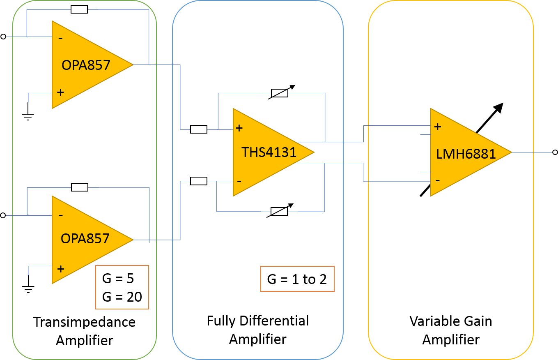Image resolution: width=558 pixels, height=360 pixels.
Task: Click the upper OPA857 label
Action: [86, 65]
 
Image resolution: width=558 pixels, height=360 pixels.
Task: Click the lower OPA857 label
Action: [85, 238]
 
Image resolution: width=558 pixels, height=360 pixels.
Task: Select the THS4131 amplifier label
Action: [269, 152]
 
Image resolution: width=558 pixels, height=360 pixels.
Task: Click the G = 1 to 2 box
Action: [297, 279]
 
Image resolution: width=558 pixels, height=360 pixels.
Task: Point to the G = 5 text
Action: [118, 278]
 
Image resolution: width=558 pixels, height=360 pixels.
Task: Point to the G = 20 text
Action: [122, 296]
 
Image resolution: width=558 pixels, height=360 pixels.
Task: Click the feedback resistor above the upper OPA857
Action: [79, 9]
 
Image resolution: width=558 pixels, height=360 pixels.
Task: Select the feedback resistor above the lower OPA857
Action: [80, 187]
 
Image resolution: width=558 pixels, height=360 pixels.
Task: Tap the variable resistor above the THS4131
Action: [280, 93]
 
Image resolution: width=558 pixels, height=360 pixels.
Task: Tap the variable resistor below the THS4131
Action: [279, 211]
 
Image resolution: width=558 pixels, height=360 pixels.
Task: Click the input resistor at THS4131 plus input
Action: [199, 129]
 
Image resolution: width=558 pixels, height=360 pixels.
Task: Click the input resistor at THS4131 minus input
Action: [199, 181]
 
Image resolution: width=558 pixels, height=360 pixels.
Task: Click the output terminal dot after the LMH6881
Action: [555, 152]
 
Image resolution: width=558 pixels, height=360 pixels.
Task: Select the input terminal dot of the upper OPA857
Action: [3, 37]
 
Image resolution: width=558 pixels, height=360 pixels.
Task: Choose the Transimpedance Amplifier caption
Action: [84, 331]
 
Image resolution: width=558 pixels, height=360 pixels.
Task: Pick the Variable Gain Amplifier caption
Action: [451, 330]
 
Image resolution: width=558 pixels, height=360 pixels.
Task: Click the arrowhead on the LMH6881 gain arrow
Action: [498, 108]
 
